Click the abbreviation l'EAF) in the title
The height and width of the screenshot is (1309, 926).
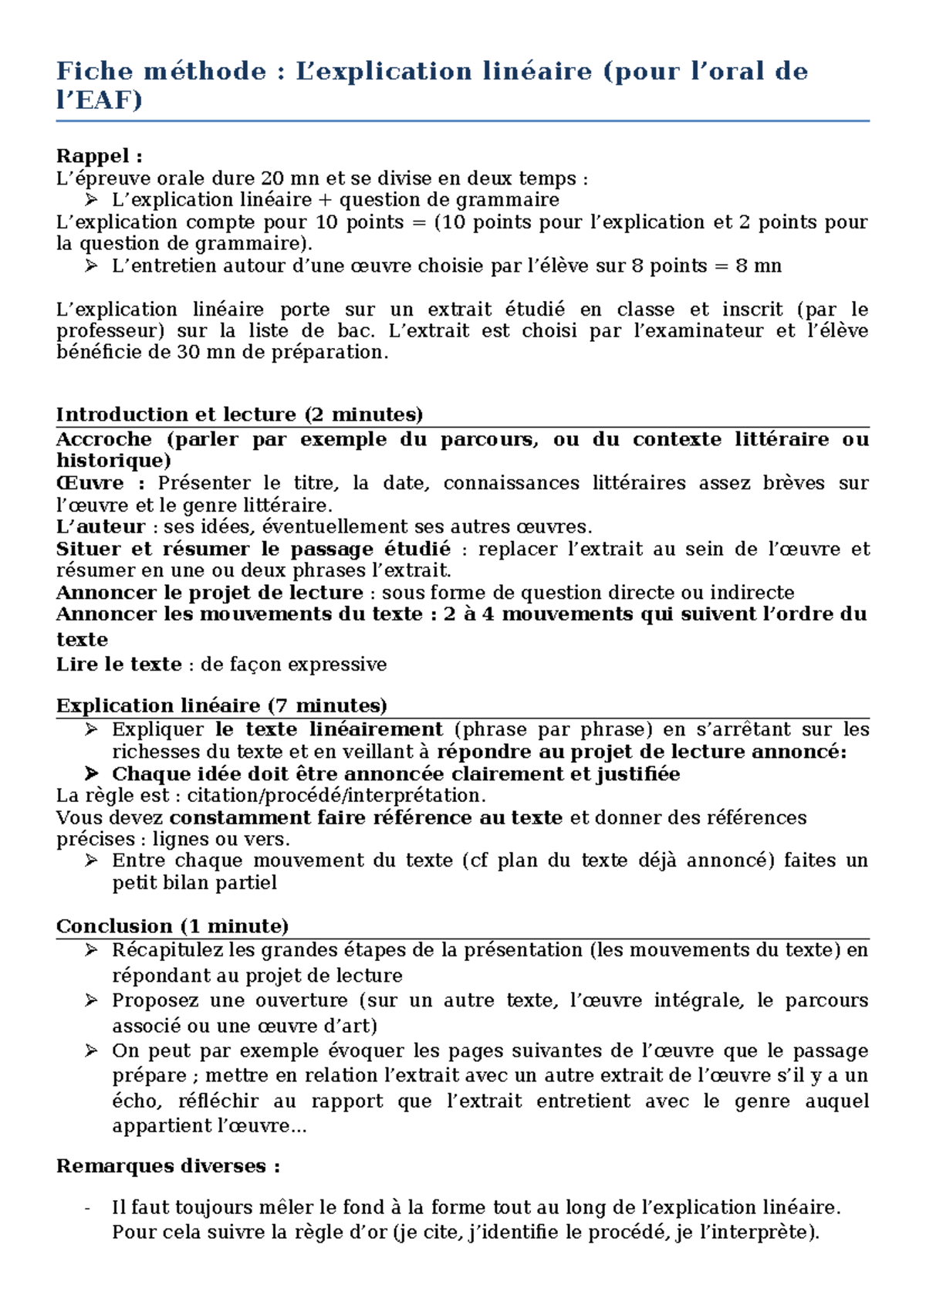point(100,100)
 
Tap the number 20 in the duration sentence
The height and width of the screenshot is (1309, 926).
point(272,178)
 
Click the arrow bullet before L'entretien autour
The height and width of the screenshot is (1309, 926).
point(91,266)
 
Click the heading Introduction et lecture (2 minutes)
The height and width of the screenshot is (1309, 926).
point(239,414)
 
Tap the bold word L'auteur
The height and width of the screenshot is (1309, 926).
point(100,527)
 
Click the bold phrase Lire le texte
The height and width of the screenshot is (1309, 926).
point(119,665)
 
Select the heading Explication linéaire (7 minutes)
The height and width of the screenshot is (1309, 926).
point(221,705)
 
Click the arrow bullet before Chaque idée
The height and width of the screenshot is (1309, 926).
point(91,774)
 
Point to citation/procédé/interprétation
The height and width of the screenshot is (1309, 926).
point(336,796)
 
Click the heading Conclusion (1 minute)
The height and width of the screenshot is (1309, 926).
point(172,926)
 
